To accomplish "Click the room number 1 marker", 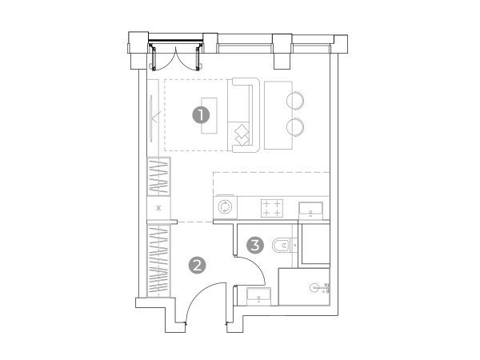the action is tap(201, 115).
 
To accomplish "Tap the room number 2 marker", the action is tap(198, 265).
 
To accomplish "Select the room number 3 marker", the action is tap(255, 245).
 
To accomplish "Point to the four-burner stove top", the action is tap(272, 208).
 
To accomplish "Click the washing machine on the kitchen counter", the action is tap(226, 207).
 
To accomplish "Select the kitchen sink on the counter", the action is tap(310, 210).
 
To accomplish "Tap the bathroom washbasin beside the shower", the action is tap(258, 296).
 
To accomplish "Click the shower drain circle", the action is tap(314, 288).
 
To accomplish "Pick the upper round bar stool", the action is tap(295, 100).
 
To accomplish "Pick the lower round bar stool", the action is tap(295, 126).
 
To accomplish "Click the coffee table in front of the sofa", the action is tap(209, 116).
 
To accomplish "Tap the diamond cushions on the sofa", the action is tap(242, 134).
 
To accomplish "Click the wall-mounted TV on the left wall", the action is tap(151, 118).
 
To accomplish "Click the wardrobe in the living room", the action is tap(158, 177).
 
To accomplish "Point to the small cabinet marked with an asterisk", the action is tap(158, 208).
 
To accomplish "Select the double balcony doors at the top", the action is tap(176, 58).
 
